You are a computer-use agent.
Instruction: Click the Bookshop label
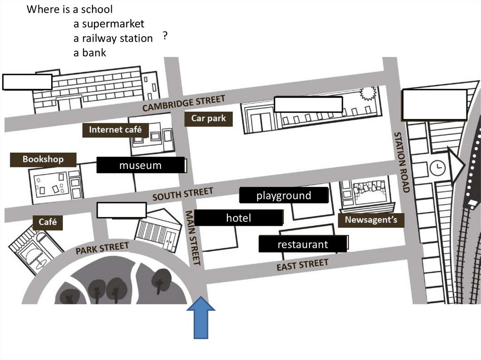[43, 160]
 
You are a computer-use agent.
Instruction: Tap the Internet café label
[115, 130]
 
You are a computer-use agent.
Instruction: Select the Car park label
[208, 118]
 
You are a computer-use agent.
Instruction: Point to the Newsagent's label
[371, 220]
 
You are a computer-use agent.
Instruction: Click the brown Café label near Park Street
[47, 222]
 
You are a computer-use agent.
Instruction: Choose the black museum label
[140, 165]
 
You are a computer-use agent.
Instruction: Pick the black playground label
[284, 196]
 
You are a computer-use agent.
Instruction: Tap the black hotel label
[239, 218]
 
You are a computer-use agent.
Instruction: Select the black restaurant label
[303, 245]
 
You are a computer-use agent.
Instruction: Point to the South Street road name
[182, 194]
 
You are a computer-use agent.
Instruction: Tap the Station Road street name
[402, 162]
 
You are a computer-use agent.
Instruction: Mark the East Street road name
[302, 265]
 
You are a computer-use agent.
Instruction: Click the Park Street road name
[102, 248]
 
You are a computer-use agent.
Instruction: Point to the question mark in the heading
[165, 36]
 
